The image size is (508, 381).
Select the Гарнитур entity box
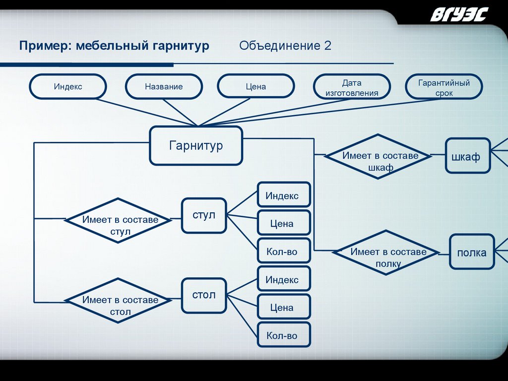[x=196, y=146]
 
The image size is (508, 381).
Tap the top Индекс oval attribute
[x=68, y=87]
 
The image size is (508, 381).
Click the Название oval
[x=164, y=87]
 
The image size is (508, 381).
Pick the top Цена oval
[x=255, y=87]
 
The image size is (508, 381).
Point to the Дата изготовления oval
[x=351, y=88]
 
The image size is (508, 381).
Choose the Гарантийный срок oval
[x=444, y=88]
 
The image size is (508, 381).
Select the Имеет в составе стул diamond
[x=120, y=220]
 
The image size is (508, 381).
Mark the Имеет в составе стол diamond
[x=120, y=301]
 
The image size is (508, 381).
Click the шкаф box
[x=467, y=156]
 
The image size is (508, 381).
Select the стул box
[x=204, y=216]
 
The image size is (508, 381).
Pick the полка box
[x=472, y=253]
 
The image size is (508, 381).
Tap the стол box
[x=204, y=296]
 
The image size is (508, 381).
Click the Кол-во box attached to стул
[x=284, y=252]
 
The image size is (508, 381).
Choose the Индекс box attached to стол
[x=284, y=280]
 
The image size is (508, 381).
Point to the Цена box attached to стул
[x=284, y=224]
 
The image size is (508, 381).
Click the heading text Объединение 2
[x=285, y=46]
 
